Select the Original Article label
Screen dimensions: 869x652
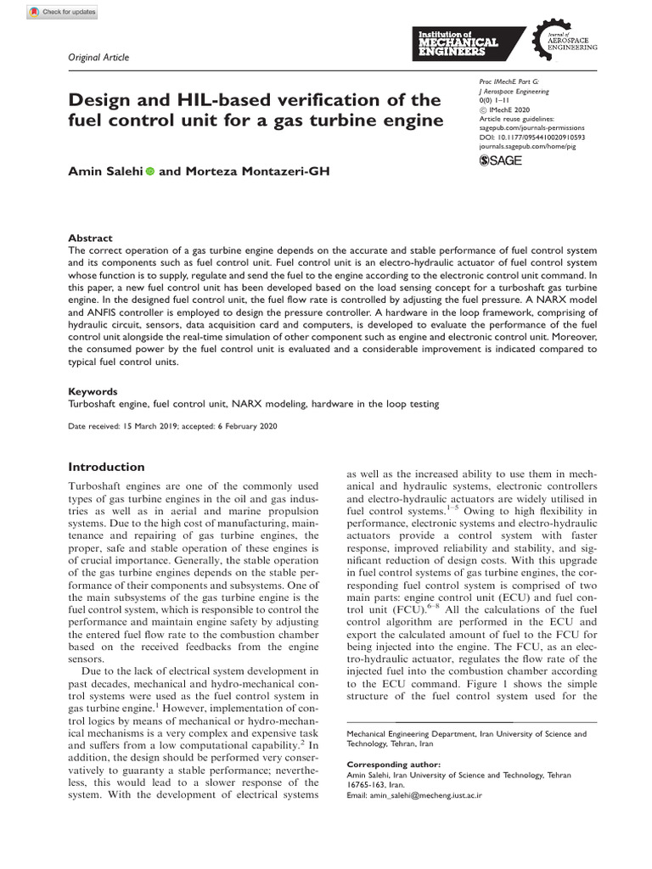tap(98, 57)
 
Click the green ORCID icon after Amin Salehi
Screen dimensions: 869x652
tap(150, 172)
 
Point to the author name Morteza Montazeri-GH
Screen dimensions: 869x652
tap(256, 172)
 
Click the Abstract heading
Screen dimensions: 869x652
tap(90, 239)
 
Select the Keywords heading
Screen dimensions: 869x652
tap(93, 392)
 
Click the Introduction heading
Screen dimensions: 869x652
tap(106, 467)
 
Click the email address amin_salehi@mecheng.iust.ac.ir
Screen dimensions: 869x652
tap(430, 795)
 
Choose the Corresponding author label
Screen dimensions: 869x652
tap(396, 765)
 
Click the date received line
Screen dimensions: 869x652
tap(172, 426)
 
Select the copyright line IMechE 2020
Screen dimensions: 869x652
tap(510, 110)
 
